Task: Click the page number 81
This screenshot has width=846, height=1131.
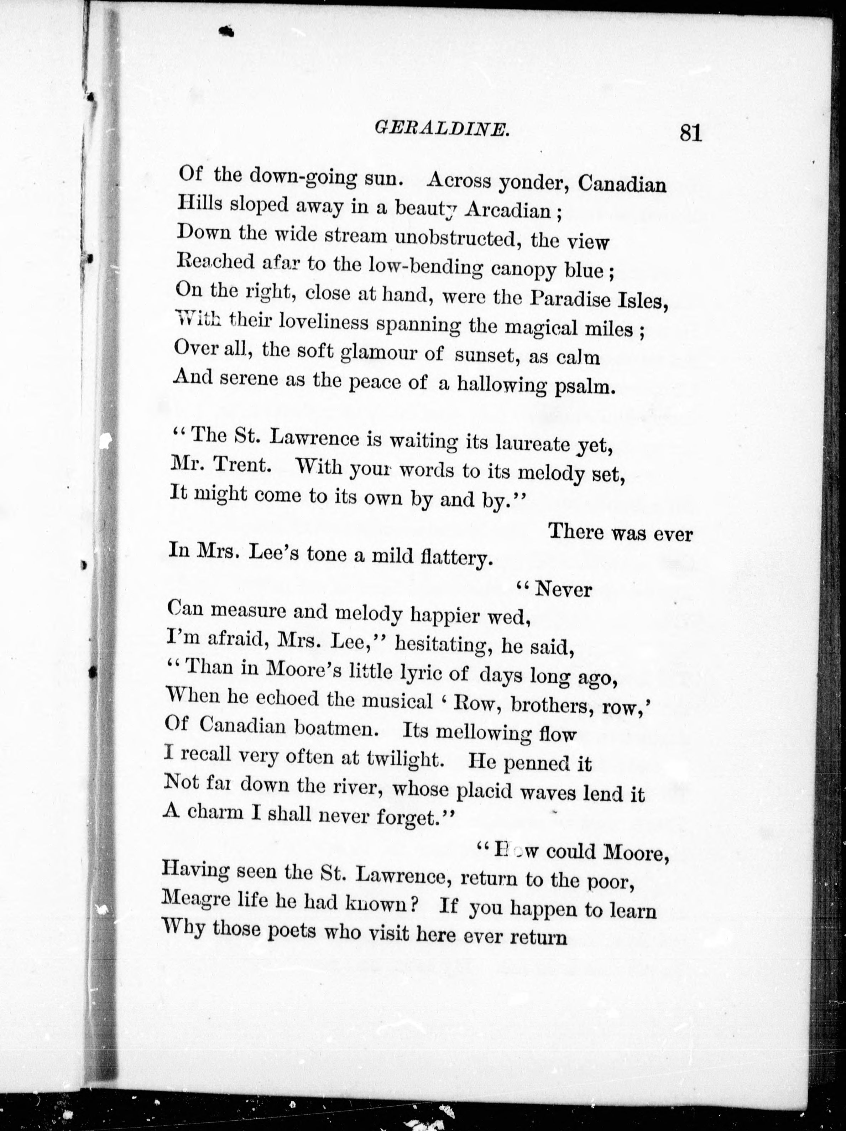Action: [x=691, y=134]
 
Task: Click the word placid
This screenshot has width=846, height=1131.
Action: [x=484, y=791]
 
